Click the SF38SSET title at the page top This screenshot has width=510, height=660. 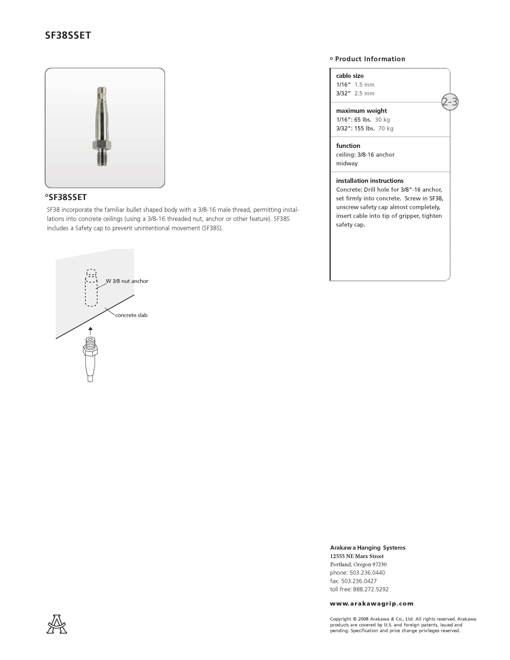click(x=68, y=35)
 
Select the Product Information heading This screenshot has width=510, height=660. click(x=370, y=59)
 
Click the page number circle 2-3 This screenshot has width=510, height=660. click(x=450, y=102)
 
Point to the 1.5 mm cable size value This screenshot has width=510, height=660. click(x=364, y=85)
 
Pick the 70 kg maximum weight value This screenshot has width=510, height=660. click(x=386, y=128)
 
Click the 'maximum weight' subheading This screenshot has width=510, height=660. click(x=361, y=111)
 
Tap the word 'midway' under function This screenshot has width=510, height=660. click(x=347, y=163)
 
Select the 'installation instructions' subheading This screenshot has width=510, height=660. click(x=370, y=181)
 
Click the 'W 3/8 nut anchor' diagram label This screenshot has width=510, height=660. click(x=127, y=281)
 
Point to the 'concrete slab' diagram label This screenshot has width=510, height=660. click(x=131, y=315)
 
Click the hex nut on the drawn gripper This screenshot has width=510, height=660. click(x=90, y=351)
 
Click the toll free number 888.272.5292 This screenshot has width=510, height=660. click(x=371, y=589)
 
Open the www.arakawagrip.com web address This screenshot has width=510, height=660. click(x=372, y=604)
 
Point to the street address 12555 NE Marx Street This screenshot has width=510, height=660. click(x=357, y=556)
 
